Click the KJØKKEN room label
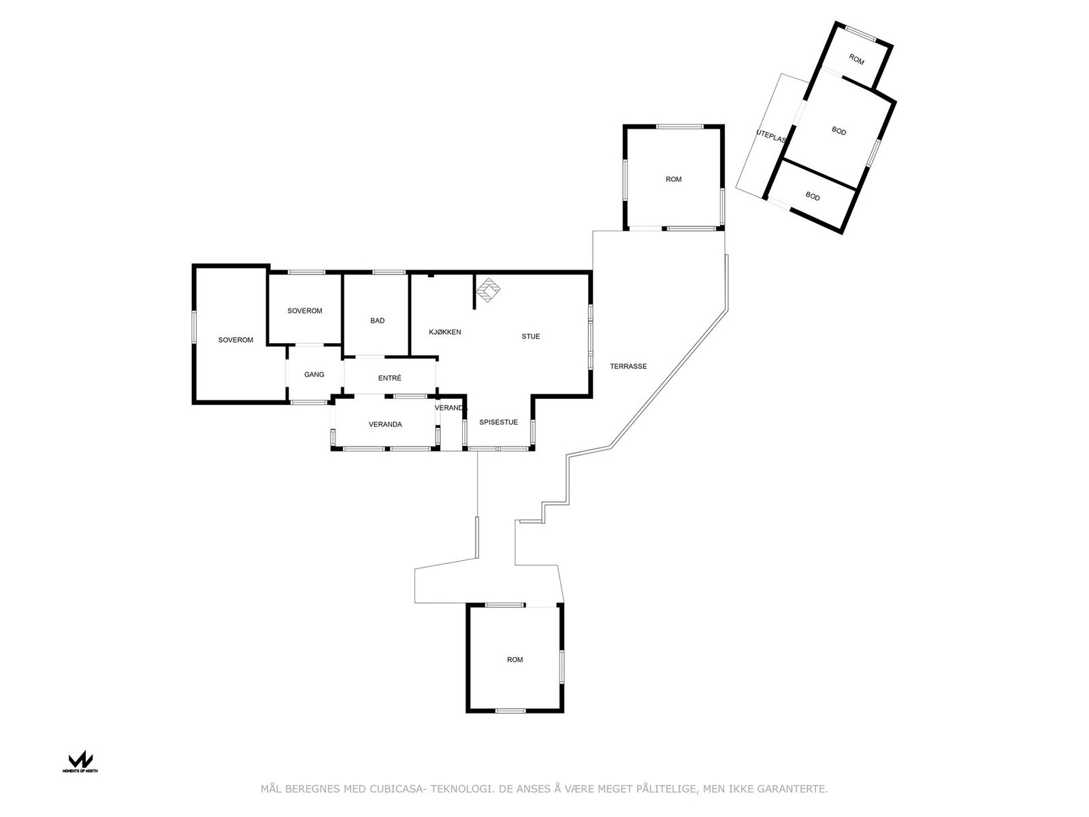[x=445, y=332]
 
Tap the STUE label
[x=531, y=336]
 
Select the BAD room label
[x=378, y=321]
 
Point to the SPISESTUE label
[x=498, y=422]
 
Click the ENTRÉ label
[x=390, y=379]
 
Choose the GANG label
[x=314, y=374]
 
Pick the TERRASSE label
[x=628, y=366]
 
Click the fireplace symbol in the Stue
[x=487, y=290]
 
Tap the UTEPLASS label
[x=771, y=136]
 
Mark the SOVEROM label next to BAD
[x=305, y=311]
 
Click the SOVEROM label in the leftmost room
[x=235, y=340]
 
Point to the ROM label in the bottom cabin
[x=515, y=660]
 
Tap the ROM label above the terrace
[x=674, y=180]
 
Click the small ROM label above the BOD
[x=856, y=61]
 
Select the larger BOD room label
[x=839, y=131]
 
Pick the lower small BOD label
[x=813, y=197]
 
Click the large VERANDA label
[x=385, y=425]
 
